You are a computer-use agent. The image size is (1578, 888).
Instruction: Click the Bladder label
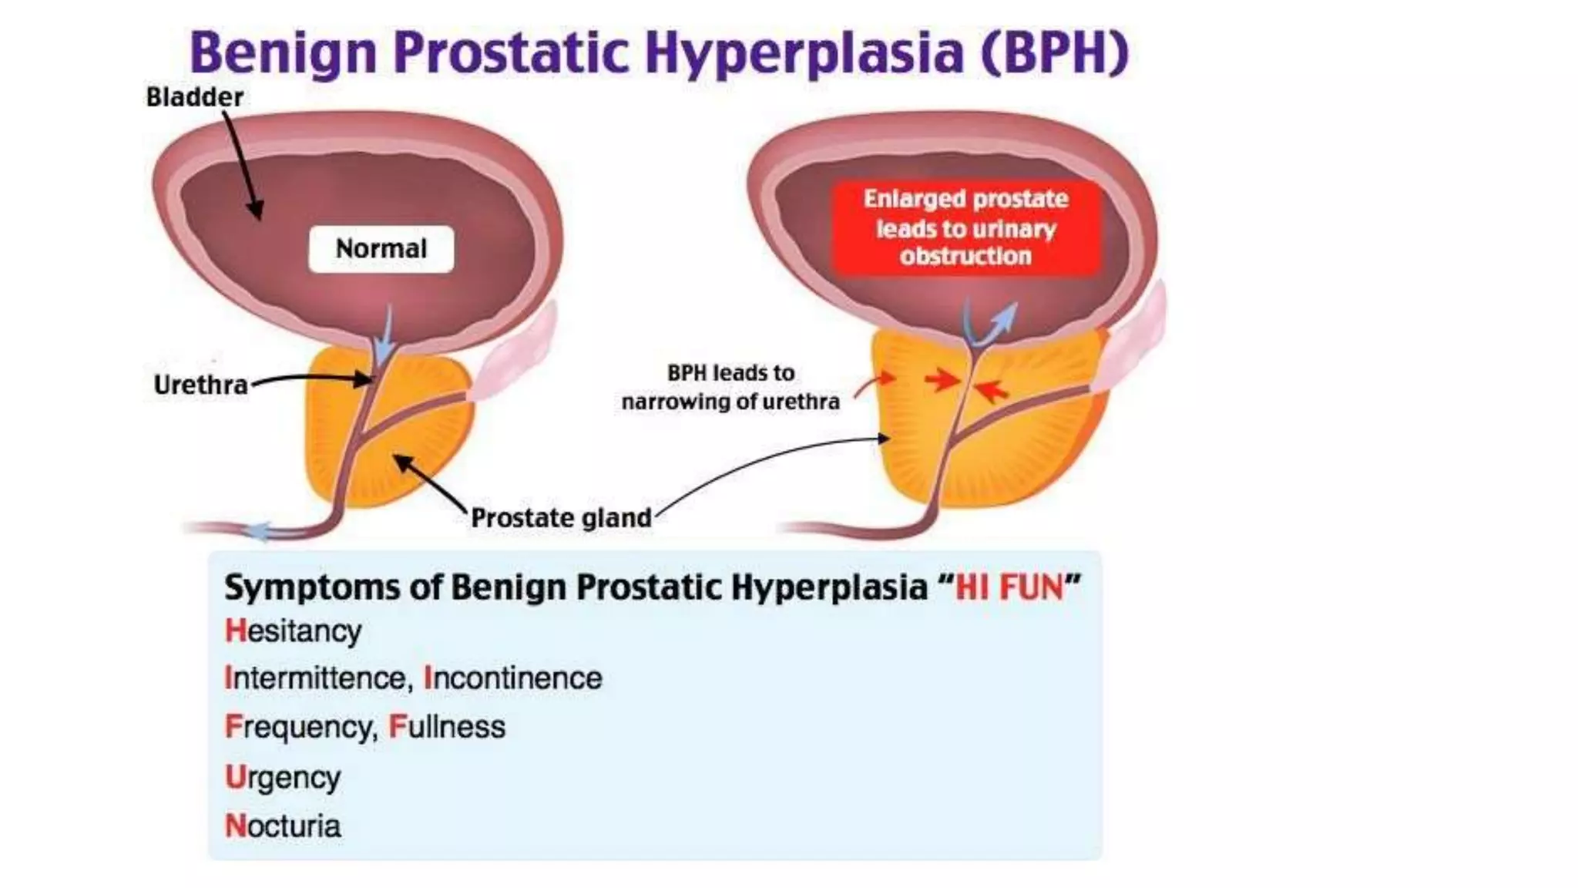(194, 97)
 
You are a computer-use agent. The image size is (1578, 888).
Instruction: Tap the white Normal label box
(381, 249)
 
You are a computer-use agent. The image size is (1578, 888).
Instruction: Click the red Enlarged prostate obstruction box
(965, 228)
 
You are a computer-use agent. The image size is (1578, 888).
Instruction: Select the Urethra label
(200, 385)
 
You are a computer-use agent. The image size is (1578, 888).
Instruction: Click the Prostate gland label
(561, 518)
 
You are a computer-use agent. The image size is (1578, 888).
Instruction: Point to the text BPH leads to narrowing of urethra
(730, 387)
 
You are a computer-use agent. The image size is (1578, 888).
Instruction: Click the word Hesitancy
(293, 631)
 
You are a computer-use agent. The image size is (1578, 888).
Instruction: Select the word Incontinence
(513, 678)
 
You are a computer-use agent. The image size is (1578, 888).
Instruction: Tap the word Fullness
(447, 727)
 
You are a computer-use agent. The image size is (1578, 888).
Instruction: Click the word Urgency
(283, 777)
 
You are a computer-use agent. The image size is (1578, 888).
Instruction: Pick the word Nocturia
(283, 826)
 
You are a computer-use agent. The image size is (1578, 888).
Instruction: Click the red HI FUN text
(1009, 587)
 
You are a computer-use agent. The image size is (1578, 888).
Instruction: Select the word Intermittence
(314, 678)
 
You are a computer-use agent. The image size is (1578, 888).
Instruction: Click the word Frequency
(300, 728)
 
